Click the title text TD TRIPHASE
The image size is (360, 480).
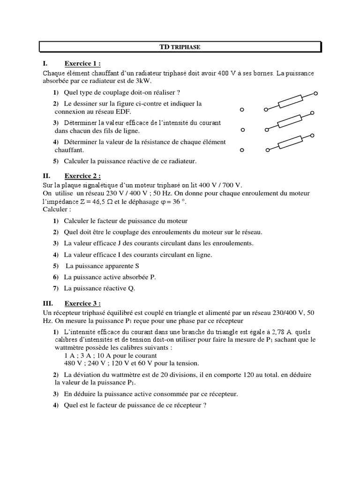pos(180,47)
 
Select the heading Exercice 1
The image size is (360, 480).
pos(82,64)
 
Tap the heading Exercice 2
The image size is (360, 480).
pos(82,176)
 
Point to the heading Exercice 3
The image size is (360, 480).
pos(82,303)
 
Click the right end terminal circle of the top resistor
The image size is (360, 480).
pos(315,94)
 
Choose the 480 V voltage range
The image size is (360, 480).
pos(73,363)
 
